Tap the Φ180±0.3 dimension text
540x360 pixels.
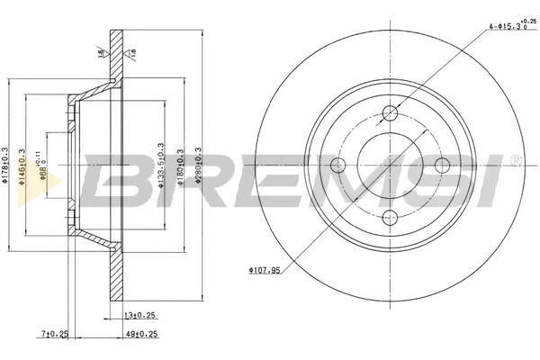tap(181, 164)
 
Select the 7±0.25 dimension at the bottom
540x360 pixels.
tap(55, 334)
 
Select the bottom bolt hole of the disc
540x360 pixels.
tap(391, 217)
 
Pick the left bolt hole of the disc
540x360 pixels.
tap(338, 165)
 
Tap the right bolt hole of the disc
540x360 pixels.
tap(442, 165)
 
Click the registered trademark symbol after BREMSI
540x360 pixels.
tap(515, 161)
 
